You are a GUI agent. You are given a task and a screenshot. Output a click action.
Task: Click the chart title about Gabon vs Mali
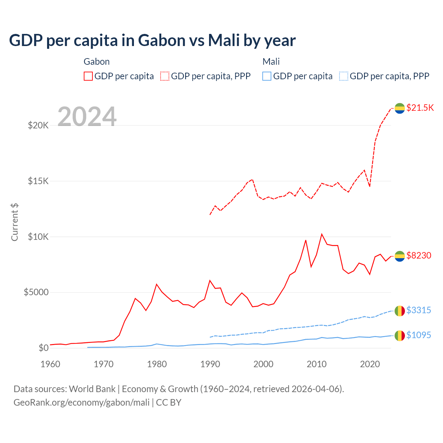[152, 40]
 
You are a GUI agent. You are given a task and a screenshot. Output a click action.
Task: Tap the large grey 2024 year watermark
[87, 117]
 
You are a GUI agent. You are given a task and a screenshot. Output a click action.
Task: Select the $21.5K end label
[420, 108]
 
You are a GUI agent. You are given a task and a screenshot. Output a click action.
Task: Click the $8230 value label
[419, 255]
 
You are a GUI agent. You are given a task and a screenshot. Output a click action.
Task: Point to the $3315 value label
[418, 310]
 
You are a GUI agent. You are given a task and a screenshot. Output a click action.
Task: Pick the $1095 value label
[418, 335]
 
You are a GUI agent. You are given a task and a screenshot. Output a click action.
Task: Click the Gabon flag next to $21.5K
[400, 108]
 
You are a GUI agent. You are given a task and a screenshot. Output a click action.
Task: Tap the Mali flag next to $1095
[400, 335]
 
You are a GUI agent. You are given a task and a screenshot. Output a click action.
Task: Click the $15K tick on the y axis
[38, 181]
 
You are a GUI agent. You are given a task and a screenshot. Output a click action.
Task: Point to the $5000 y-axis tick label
[36, 292]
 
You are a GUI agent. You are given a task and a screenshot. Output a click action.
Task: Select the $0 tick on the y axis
[43, 348]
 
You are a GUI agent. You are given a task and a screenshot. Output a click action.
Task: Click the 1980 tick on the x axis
[157, 364]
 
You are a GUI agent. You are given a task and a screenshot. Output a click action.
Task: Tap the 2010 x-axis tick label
[317, 364]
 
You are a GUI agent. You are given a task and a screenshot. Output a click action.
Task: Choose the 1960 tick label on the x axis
[51, 364]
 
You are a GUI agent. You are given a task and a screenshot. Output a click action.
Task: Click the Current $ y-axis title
[15, 222]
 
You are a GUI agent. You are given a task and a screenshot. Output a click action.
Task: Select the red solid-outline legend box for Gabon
[88, 76]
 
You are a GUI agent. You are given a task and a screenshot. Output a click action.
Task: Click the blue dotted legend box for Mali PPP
[344, 76]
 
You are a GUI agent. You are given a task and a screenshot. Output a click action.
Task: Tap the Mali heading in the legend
[271, 62]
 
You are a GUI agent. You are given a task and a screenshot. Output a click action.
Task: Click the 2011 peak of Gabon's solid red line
[322, 234]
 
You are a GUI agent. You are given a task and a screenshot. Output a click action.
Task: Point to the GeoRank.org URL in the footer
[81, 403]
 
